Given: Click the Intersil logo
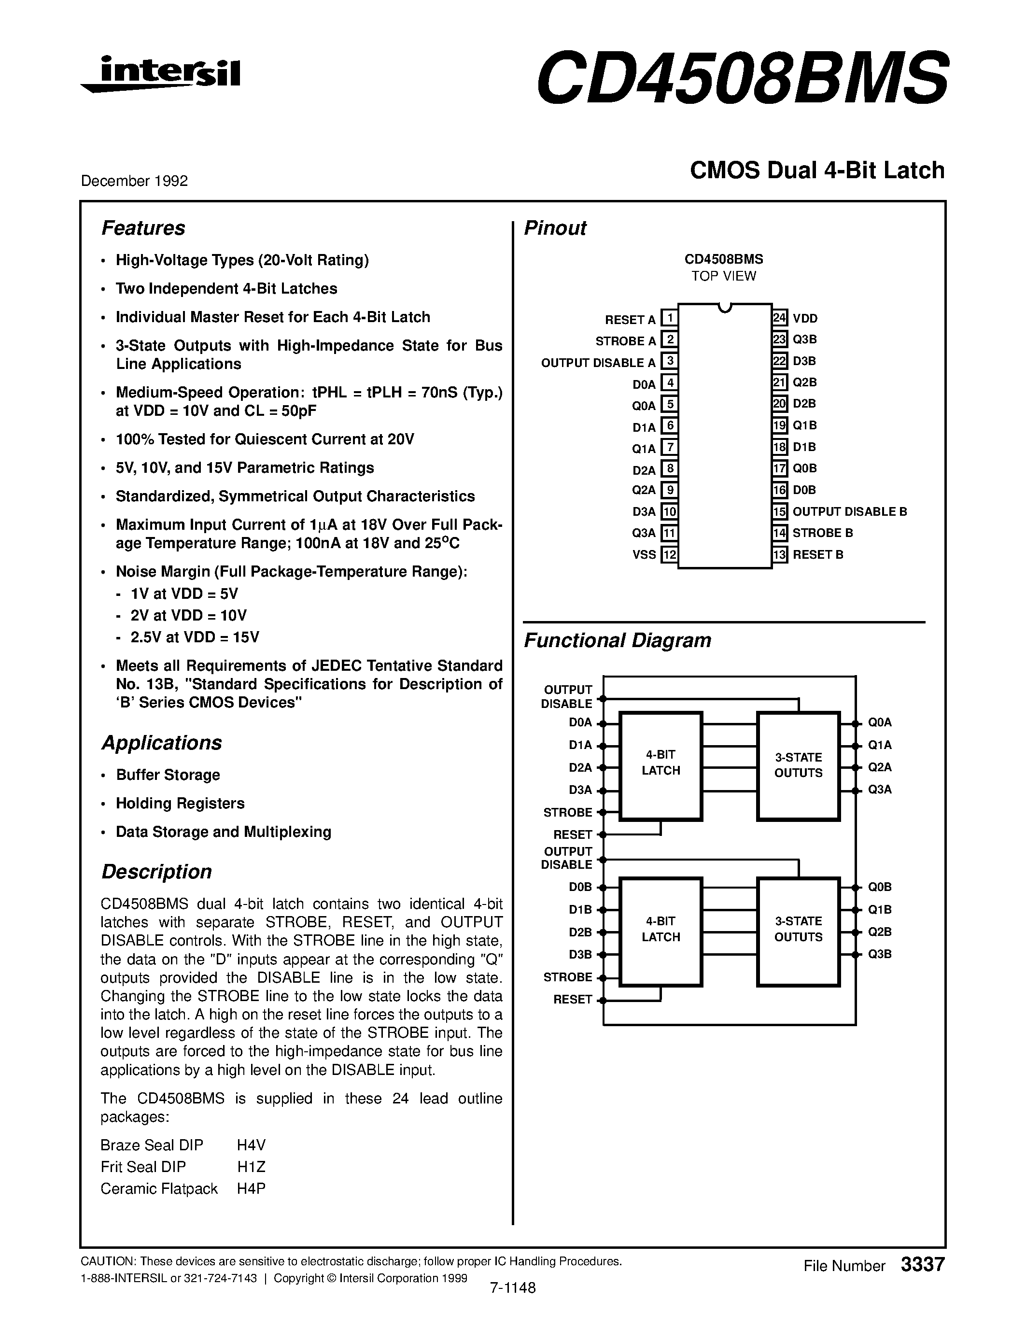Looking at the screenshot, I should [x=161, y=75].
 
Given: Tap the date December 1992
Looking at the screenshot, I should [x=134, y=181].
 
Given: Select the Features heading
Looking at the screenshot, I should [x=143, y=228].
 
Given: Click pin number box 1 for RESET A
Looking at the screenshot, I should [x=669, y=318].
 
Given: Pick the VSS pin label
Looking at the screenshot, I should [x=644, y=554].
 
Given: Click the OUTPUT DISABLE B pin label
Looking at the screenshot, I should [x=849, y=511].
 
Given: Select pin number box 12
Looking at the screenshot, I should [x=669, y=554].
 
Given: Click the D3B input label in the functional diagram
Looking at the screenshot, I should [x=580, y=955].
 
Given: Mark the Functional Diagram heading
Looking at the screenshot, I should [x=617, y=640].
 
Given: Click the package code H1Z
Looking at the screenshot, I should [x=251, y=1167].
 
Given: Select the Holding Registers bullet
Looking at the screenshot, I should [x=180, y=803].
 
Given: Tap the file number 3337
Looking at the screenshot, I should [x=922, y=1264].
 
